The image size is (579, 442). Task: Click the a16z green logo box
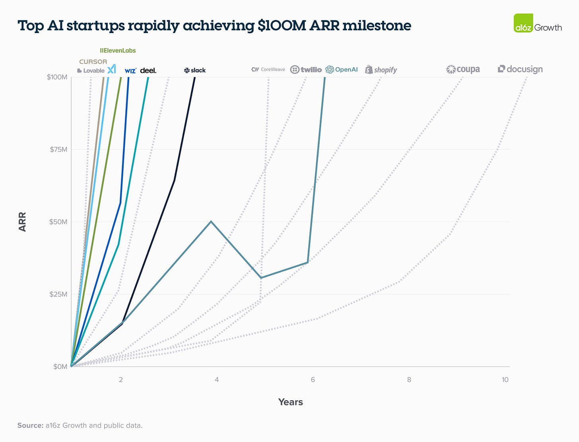(523, 23)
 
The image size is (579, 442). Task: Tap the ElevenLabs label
(118, 51)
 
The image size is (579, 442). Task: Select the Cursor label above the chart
(93, 62)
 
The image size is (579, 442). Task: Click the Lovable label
(91, 71)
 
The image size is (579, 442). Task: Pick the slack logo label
(195, 70)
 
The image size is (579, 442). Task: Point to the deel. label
(148, 70)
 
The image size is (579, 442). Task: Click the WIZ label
(130, 71)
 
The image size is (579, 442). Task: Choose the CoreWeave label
(268, 70)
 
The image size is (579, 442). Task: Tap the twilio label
(306, 70)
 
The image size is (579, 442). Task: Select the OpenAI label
(342, 70)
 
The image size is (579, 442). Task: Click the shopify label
(381, 70)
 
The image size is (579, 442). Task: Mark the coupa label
(463, 70)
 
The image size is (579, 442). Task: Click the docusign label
(520, 69)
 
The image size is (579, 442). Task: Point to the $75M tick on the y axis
(58, 150)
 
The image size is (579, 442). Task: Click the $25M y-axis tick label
(58, 294)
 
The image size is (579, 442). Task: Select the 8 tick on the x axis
(409, 380)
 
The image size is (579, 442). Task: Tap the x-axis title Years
(290, 402)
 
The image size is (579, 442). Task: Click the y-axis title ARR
(22, 222)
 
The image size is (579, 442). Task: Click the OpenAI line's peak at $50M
(211, 221)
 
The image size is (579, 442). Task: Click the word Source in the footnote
(30, 426)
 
